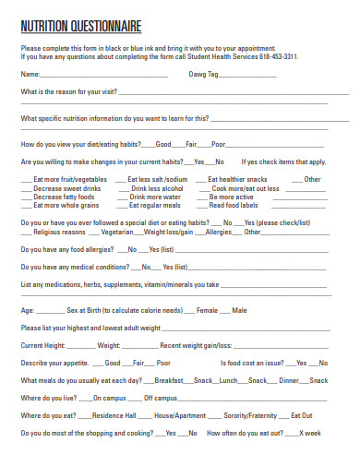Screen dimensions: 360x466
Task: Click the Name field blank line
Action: pos(111,75)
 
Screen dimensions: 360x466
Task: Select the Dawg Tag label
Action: pos(203,74)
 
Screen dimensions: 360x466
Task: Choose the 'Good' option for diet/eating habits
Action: pos(163,144)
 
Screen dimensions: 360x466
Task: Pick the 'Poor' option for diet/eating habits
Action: pos(219,144)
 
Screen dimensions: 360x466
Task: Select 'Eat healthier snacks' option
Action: pos(237,179)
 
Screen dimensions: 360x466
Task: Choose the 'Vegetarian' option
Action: pos(117,233)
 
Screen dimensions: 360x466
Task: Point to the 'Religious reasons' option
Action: pos(59,233)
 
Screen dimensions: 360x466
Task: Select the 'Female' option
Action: pos(207,310)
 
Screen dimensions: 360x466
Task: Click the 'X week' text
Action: pos(311,433)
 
